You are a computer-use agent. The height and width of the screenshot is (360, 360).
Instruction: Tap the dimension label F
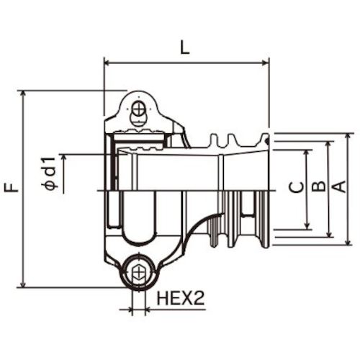[11, 189]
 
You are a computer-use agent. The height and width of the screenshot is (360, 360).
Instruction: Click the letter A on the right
[340, 189]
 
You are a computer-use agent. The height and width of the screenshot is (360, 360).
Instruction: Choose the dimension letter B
[317, 189]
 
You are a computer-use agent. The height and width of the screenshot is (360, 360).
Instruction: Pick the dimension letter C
[295, 189]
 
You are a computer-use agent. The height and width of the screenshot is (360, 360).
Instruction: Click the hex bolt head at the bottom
[138, 273]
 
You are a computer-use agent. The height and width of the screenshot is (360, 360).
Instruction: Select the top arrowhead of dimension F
[24, 94]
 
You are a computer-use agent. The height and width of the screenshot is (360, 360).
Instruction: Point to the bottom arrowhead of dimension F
[24, 284]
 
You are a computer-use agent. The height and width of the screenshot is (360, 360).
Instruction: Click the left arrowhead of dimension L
[109, 63]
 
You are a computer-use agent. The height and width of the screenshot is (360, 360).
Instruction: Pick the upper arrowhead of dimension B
[329, 145]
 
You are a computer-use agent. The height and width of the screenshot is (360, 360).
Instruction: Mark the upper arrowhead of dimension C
[307, 153]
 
